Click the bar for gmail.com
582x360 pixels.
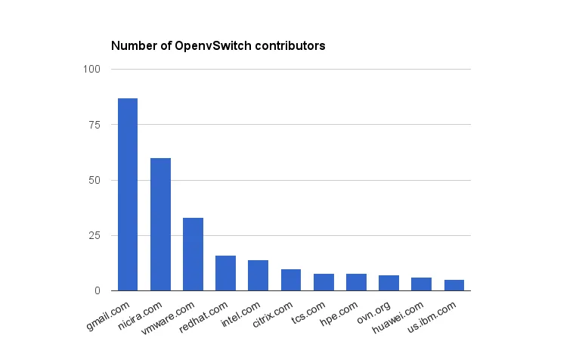tap(128, 194)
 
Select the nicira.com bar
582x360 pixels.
tap(160, 224)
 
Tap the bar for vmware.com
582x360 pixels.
tap(193, 254)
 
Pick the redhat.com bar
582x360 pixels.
tap(225, 273)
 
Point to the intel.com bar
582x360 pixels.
tap(258, 275)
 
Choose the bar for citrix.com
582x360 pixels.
tap(291, 280)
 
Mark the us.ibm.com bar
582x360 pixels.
tap(454, 285)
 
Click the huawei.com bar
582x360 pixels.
tap(422, 284)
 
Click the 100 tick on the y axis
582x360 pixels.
tap(92, 70)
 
